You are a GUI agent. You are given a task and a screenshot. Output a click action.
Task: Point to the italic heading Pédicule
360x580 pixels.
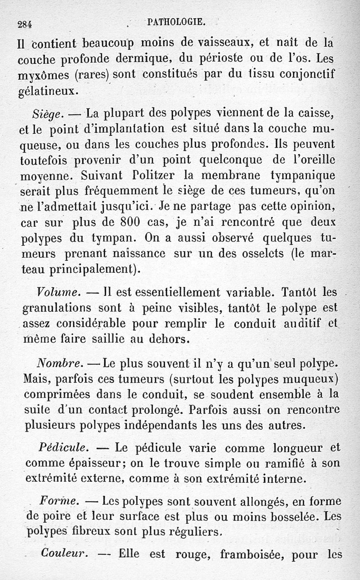pos(63,448)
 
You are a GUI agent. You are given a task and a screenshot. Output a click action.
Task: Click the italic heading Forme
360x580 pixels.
pos(59,501)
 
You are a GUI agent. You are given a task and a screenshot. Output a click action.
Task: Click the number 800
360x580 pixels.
pos(136,223)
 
